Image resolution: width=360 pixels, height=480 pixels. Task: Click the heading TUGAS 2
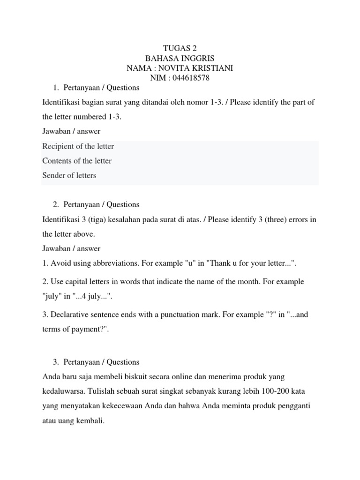point(180,49)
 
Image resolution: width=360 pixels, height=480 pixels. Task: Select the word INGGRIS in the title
point(198,59)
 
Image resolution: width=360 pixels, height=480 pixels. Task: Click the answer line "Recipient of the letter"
point(78,146)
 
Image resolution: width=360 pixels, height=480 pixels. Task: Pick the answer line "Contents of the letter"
point(77,161)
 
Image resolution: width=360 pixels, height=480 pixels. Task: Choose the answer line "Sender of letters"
point(69,175)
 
